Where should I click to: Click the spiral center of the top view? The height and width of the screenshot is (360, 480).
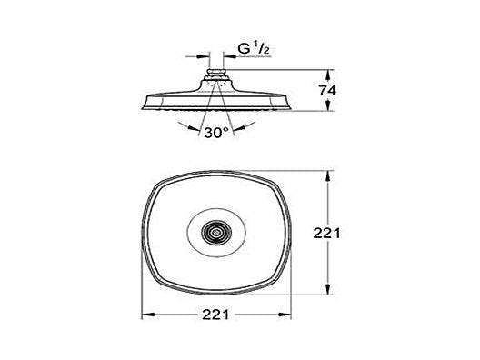point(217,233)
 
